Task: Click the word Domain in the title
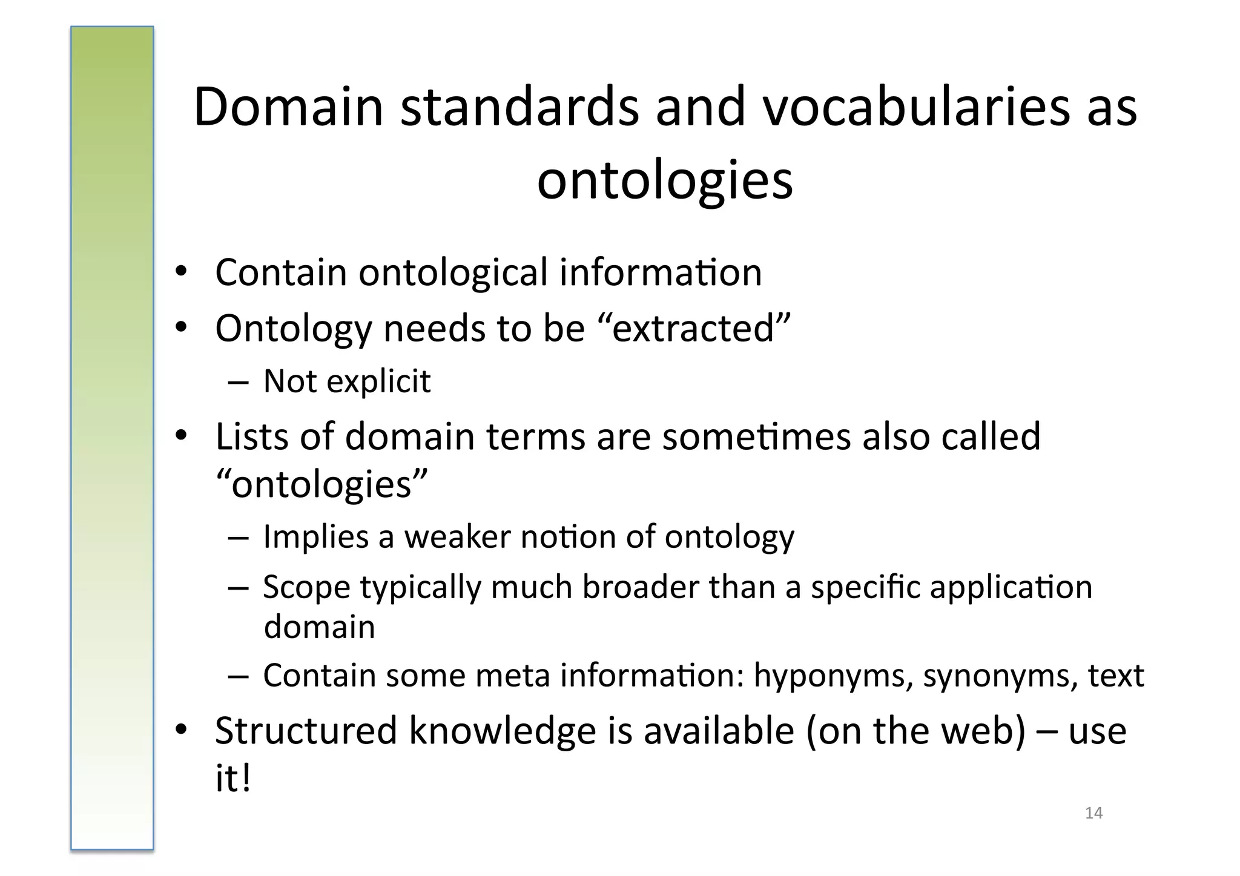(288, 107)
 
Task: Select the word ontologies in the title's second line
(665, 180)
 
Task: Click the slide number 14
(1093, 813)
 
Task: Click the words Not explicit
(347, 381)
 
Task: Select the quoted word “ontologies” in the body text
(322, 484)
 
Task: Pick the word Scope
(306, 587)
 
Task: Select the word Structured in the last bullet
(306, 730)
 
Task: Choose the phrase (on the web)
(915, 730)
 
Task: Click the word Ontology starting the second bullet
(293, 329)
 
